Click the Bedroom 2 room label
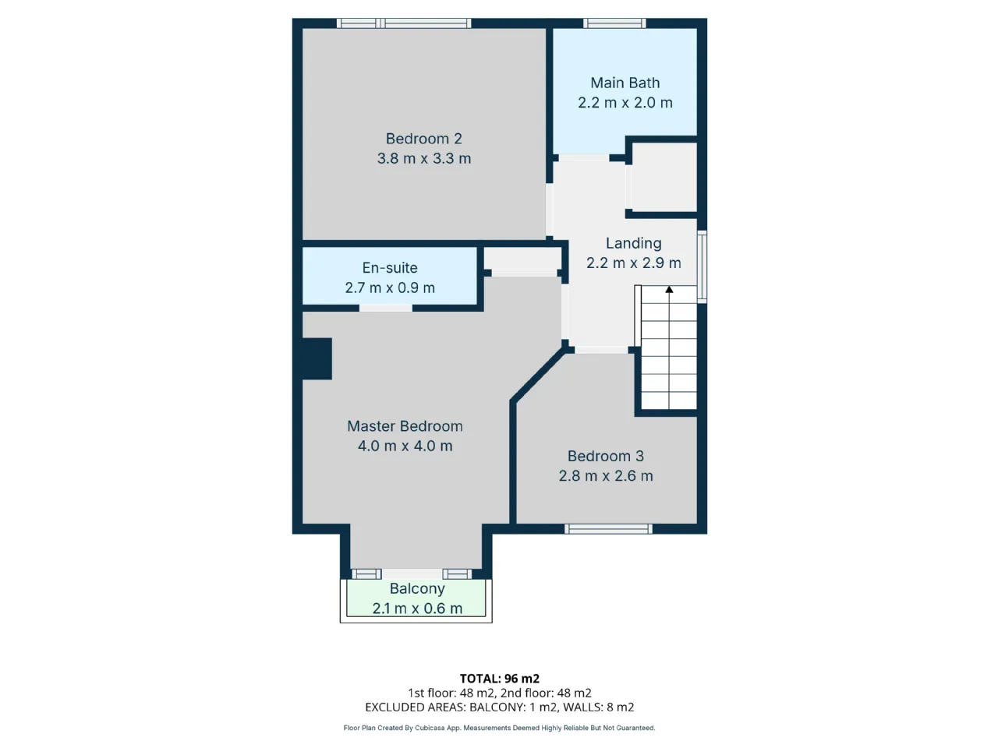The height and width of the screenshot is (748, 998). click(423, 139)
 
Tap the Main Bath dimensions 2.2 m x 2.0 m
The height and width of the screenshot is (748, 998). click(625, 103)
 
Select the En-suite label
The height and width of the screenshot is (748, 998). click(390, 268)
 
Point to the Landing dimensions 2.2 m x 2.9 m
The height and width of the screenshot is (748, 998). click(633, 263)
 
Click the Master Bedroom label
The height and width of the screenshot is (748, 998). click(405, 426)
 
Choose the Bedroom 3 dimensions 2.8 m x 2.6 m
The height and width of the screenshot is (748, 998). click(606, 476)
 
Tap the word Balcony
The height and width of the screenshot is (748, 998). click(417, 588)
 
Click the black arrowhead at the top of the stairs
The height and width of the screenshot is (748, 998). click(669, 289)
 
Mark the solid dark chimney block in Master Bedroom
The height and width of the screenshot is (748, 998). click(317, 358)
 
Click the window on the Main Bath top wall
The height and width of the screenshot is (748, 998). click(614, 23)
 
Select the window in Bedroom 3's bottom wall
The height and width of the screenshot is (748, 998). click(608, 528)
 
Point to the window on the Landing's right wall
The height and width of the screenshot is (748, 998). click(702, 266)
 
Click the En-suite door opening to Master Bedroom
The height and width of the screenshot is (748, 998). click(386, 308)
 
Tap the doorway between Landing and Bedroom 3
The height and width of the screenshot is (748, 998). click(601, 350)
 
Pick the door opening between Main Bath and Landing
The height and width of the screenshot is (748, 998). click(584, 157)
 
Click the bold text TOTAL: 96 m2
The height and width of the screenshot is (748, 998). click(499, 679)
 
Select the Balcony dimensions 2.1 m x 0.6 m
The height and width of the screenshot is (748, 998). click(417, 609)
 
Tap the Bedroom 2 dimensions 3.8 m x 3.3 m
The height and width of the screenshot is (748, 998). click(423, 158)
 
